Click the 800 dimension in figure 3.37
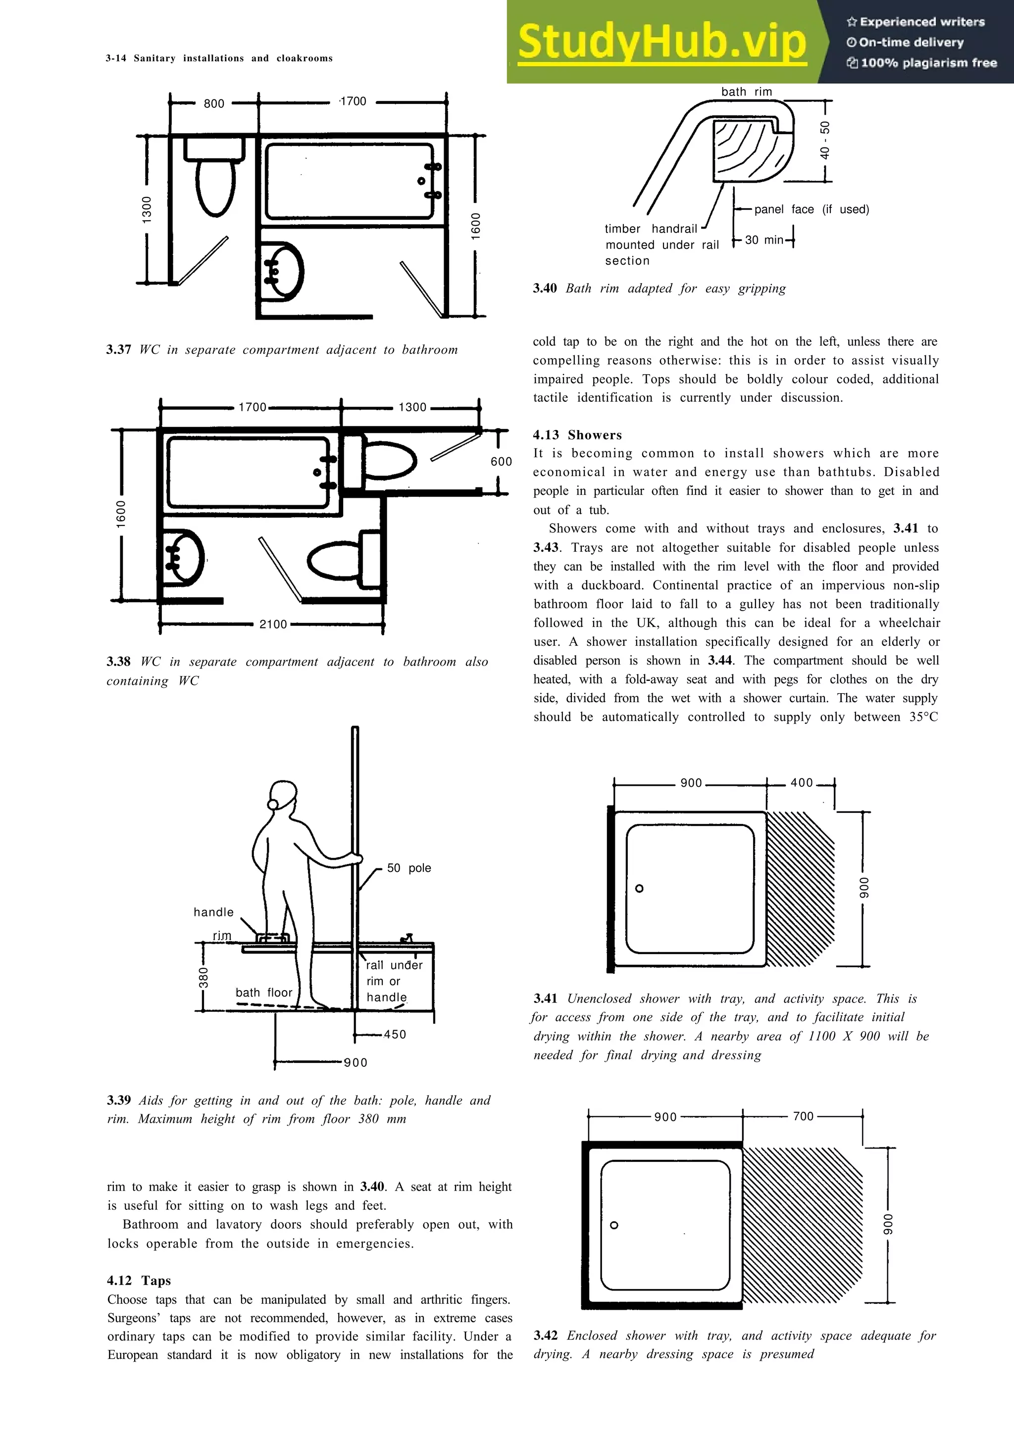point(214,104)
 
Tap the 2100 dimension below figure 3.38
point(273,624)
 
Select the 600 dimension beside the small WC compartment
point(501,462)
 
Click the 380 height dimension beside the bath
point(203,977)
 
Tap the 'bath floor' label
point(264,993)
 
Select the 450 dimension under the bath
point(395,1034)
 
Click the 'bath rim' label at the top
point(747,92)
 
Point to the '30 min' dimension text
point(764,240)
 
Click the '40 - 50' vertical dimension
point(825,141)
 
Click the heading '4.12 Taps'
point(139,1281)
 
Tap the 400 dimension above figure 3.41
point(802,783)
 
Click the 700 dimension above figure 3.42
point(804,1116)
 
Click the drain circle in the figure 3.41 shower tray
point(639,889)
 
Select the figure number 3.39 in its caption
point(119,1100)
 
